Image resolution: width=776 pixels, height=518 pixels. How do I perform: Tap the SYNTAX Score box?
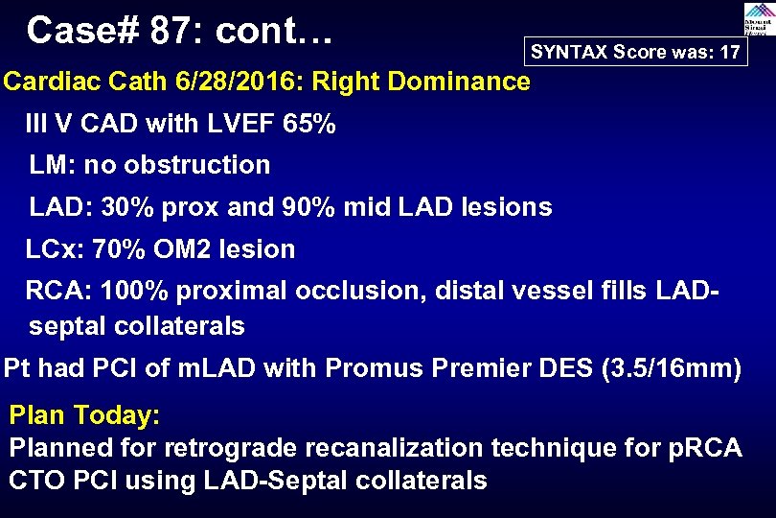pyautogui.click(x=635, y=53)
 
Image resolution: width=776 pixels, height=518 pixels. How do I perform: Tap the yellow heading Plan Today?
pyautogui.click(x=84, y=416)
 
